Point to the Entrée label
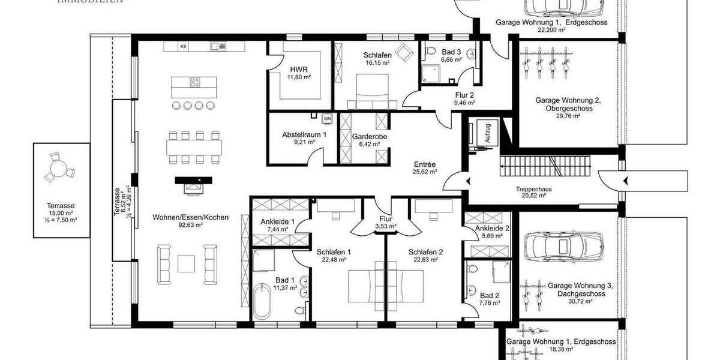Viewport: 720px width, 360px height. (x=424, y=164)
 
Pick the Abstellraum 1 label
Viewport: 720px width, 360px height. (x=304, y=135)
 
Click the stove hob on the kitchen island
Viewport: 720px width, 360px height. (x=195, y=83)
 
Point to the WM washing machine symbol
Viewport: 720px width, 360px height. (x=327, y=118)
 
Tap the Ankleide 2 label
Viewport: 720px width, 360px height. (x=492, y=228)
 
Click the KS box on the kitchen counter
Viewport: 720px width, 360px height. (x=184, y=46)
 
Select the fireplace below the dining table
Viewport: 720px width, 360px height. (x=194, y=185)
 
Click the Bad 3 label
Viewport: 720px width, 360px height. (x=451, y=52)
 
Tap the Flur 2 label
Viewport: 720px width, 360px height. (x=464, y=95)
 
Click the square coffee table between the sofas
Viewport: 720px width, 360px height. (x=186, y=262)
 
